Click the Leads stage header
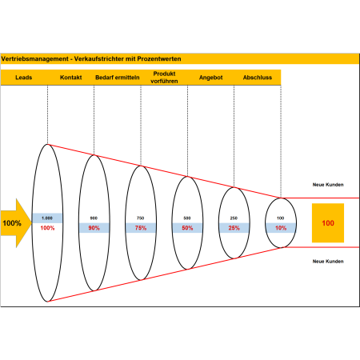tap(24, 78)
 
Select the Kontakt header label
tap(70, 78)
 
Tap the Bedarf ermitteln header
tap(118, 78)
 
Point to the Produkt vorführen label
tap(164, 78)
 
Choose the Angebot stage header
tap(210, 78)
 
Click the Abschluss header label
tap(258, 78)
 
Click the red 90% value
tap(94, 228)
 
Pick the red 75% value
tap(141, 228)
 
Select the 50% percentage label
tap(187, 228)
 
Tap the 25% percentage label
tap(234, 228)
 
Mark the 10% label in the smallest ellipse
tap(281, 228)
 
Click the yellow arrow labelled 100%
tap(15, 223)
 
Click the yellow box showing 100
tap(328, 223)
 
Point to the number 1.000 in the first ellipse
tap(47, 218)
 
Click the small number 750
tap(141, 218)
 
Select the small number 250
tap(234, 218)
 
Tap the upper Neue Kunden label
tap(328, 185)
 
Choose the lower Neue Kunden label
tap(328, 262)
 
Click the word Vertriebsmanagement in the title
tap(34, 59)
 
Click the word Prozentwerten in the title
tap(159, 59)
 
